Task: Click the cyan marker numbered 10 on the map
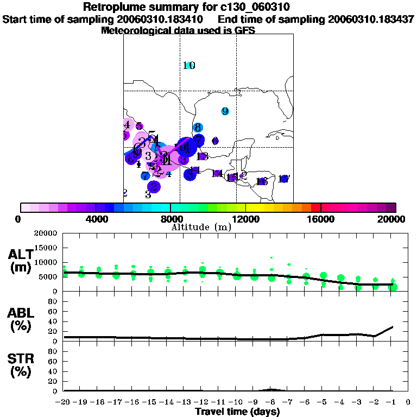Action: click(189, 66)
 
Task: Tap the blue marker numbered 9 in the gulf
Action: click(225, 111)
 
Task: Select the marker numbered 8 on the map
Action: click(198, 128)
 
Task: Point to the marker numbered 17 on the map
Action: click(283, 179)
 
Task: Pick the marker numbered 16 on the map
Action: click(262, 181)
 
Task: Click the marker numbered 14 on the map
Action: click(217, 173)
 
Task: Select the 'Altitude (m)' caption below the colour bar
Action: click(201, 227)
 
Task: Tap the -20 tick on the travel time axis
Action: click(64, 402)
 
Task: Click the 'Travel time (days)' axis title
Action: click(237, 412)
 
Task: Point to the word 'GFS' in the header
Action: click(244, 30)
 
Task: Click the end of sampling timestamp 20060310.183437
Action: click(371, 19)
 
